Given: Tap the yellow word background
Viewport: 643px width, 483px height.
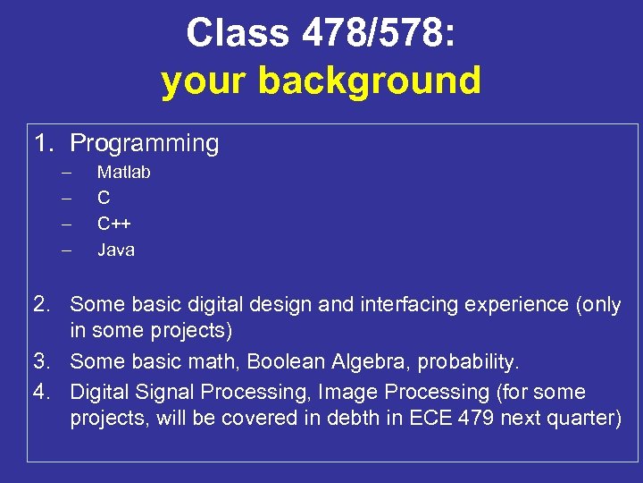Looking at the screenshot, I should (370, 80).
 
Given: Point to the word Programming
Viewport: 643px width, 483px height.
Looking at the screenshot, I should (144, 143).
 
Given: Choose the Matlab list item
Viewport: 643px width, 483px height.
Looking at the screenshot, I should (123, 172).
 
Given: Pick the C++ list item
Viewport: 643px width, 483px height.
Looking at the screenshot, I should (114, 224).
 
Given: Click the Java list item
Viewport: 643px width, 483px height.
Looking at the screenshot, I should (115, 250).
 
